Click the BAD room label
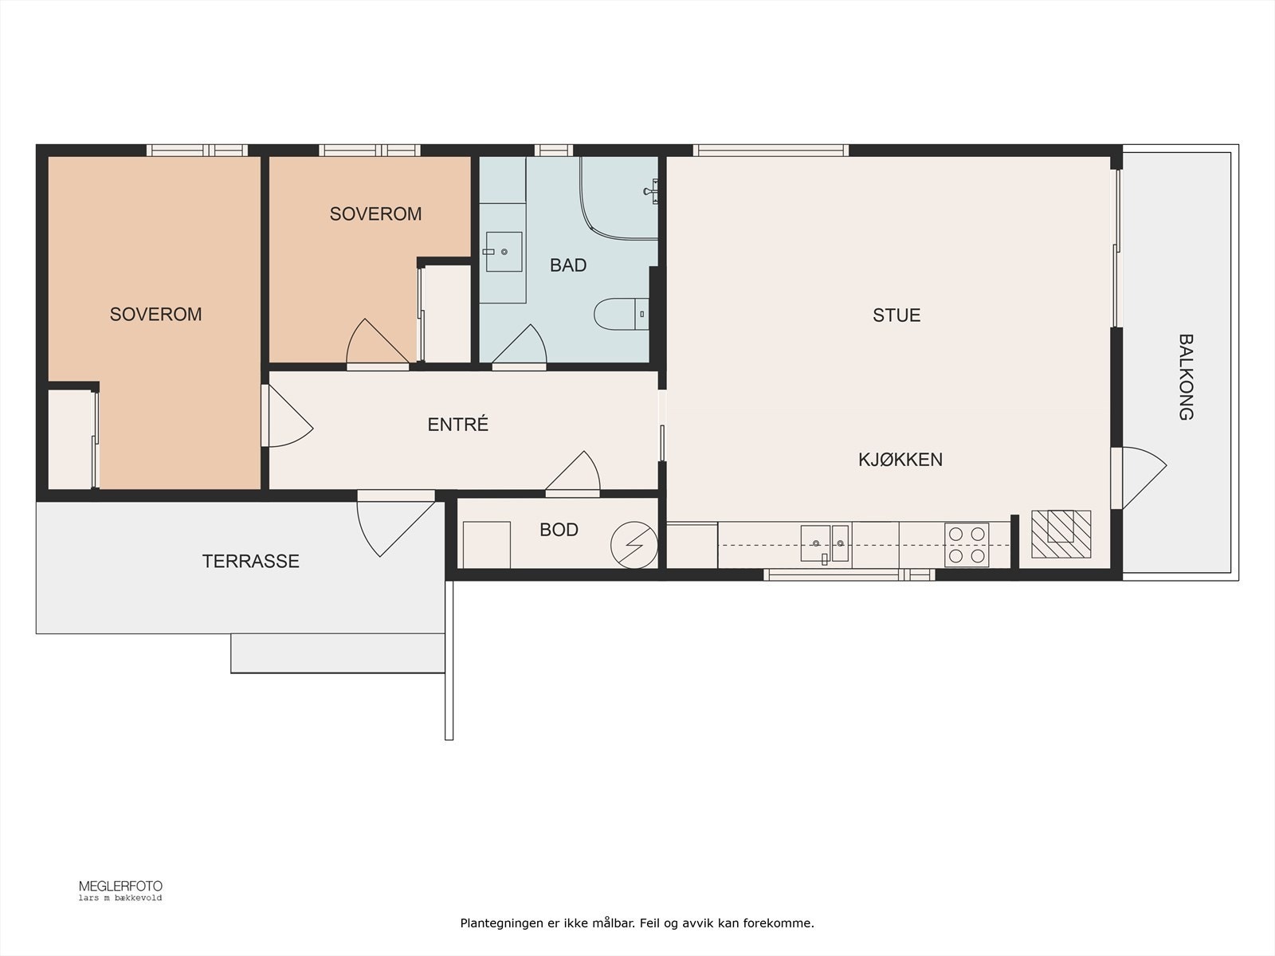[x=568, y=265]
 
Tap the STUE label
[x=896, y=315]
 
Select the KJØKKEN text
[x=900, y=460]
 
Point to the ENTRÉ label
[x=457, y=425]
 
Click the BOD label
[x=559, y=529]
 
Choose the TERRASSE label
[x=250, y=561]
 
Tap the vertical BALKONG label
[x=1186, y=377]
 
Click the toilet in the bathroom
[x=621, y=314]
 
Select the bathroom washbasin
[x=504, y=252]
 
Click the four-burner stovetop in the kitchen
[x=967, y=545]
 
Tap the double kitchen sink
[x=824, y=544]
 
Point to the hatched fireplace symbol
[x=1061, y=534]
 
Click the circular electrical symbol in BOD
[x=634, y=545]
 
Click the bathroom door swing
[x=520, y=345]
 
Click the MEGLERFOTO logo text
[x=121, y=887]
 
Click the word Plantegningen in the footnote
[x=502, y=923]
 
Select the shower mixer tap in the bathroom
[x=652, y=191]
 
